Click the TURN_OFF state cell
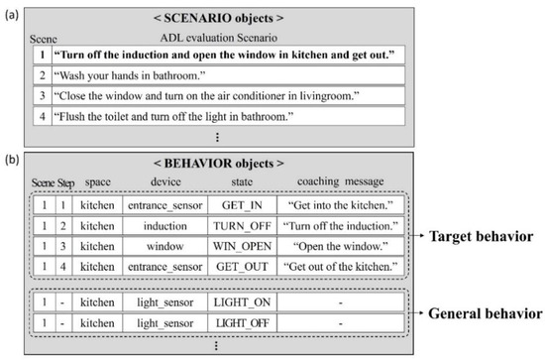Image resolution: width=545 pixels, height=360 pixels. pos(236,227)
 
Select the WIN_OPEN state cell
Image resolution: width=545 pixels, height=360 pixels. pos(236,247)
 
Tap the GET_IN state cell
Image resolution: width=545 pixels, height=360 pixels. pos(236,206)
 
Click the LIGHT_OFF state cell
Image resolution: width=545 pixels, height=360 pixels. pos(236,323)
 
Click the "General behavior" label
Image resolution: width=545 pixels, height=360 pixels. pos(485,313)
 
